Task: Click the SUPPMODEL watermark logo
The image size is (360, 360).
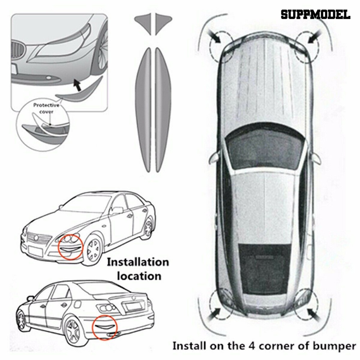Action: [315, 14]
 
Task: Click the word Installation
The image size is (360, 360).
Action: [138, 262]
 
